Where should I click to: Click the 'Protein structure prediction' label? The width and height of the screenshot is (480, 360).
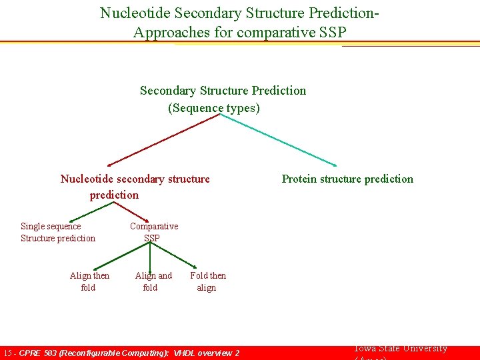point(347,179)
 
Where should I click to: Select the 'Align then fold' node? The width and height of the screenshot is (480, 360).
point(89,281)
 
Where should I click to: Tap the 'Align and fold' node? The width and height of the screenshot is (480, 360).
point(153,281)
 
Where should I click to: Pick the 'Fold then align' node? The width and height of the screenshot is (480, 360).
point(207,281)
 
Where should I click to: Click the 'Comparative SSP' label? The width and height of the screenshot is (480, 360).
point(153,232)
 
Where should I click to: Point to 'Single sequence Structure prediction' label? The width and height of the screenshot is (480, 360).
point(57,232)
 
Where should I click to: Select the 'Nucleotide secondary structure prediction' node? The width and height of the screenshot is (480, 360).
point(135,187)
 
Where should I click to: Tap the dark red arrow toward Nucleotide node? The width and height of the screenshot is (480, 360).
point(163,139)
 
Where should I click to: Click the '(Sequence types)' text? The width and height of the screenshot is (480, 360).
point(213,107)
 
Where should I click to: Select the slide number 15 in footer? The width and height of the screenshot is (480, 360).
point(7,353)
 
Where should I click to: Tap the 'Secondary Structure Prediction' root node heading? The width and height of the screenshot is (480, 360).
point(223,91)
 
